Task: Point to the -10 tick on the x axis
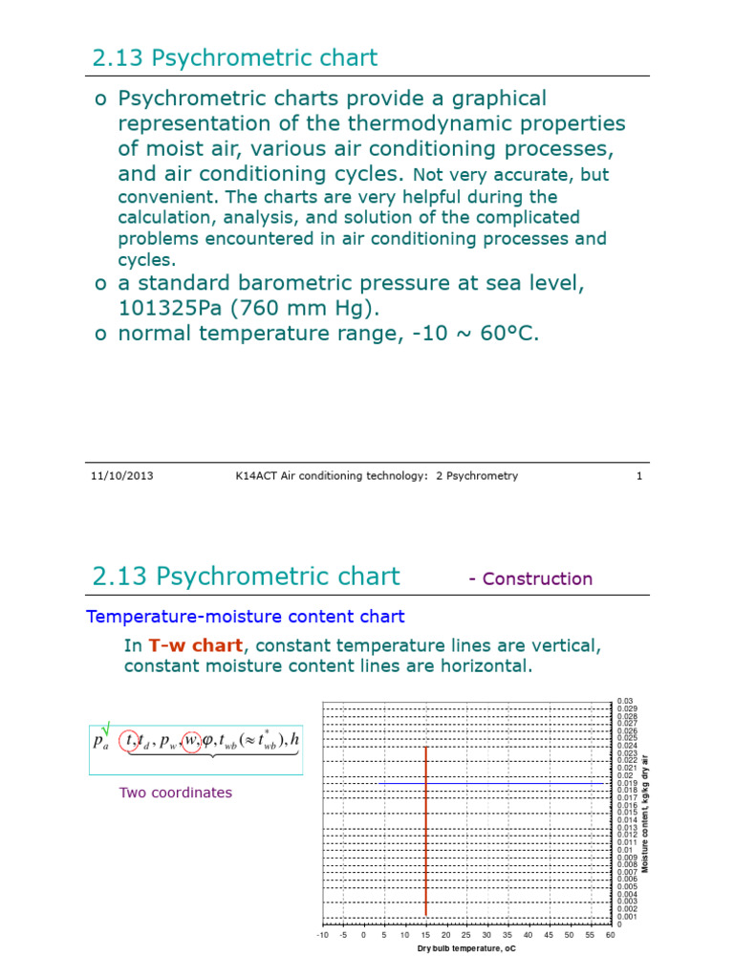coord(322,935)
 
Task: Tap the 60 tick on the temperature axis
coord(610,935)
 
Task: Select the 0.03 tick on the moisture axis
coord(625,701)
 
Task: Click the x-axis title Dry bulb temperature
coord(465,949)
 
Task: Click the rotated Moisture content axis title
coord(646,813)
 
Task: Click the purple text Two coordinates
coord(175,793)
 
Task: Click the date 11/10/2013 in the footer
coord(121,475)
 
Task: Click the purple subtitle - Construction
coord(530,578)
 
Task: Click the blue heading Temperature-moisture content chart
coord(246,617)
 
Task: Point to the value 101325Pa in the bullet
coord(168,309)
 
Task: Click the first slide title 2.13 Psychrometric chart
coord(234,57)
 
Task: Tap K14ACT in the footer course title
coord(257,475)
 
